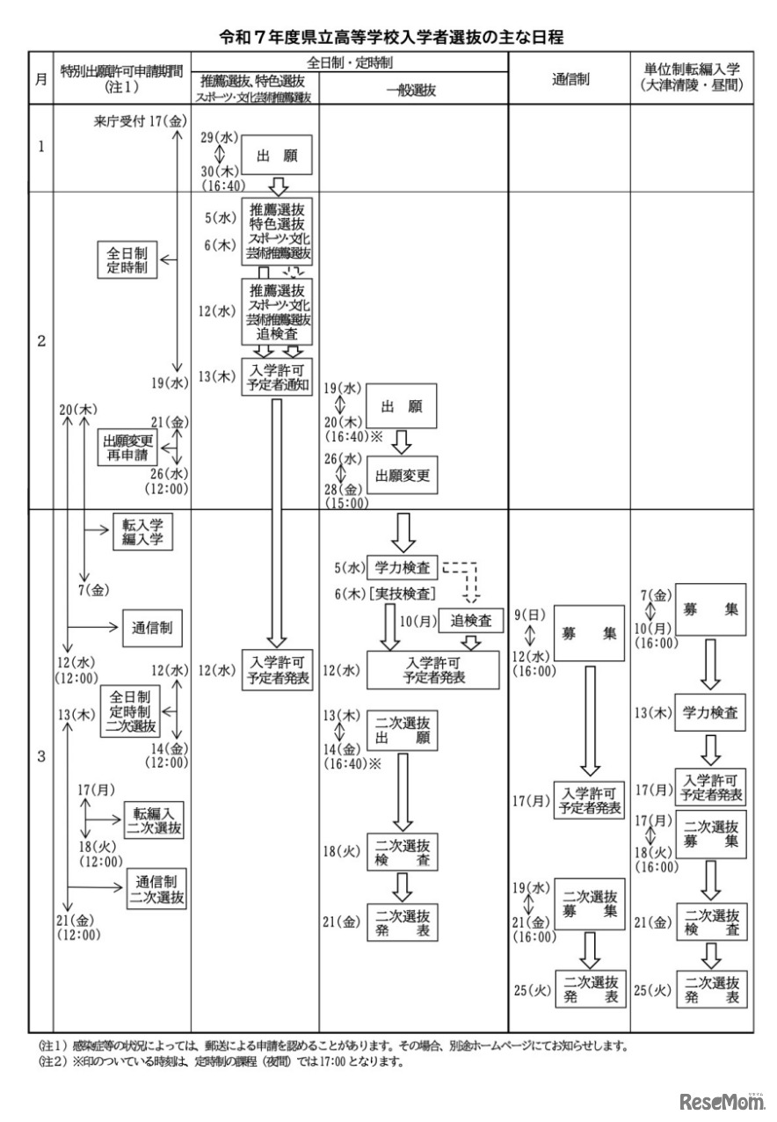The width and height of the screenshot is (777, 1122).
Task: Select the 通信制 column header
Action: pos(570,77)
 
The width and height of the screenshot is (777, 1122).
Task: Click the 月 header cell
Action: pos(41,77)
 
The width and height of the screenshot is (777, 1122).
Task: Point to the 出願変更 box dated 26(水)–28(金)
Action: pos(402,476)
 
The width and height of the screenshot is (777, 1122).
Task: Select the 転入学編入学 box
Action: pos(142,532)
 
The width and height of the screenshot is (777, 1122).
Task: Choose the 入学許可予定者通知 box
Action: pos(277,376)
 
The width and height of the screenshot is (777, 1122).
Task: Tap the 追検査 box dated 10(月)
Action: pos(471,621)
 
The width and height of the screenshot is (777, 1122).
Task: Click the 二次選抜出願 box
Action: pos(402,731)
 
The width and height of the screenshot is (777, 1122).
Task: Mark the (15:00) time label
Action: pos(344,504)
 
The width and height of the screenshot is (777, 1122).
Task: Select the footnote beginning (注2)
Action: pos(220,1061)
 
